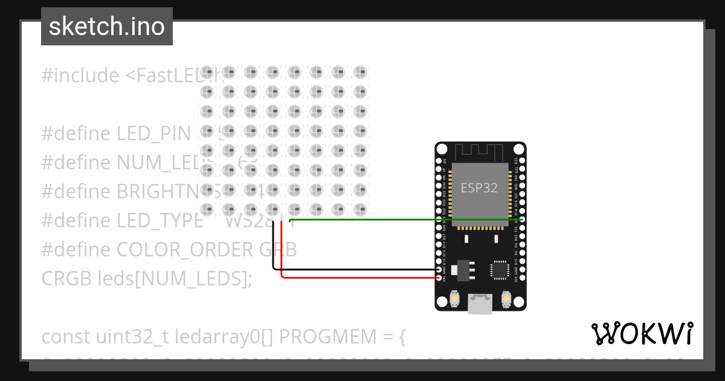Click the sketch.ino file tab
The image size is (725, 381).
107,27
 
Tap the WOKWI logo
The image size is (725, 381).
642,333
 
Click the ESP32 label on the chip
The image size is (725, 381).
480,187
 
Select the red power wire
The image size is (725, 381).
362,278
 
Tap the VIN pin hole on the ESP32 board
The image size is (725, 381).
439,278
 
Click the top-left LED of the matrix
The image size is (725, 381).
207,73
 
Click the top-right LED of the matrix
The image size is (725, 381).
360,73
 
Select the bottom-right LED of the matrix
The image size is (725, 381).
360,209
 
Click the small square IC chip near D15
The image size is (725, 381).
500,270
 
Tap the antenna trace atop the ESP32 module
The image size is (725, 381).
480,152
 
